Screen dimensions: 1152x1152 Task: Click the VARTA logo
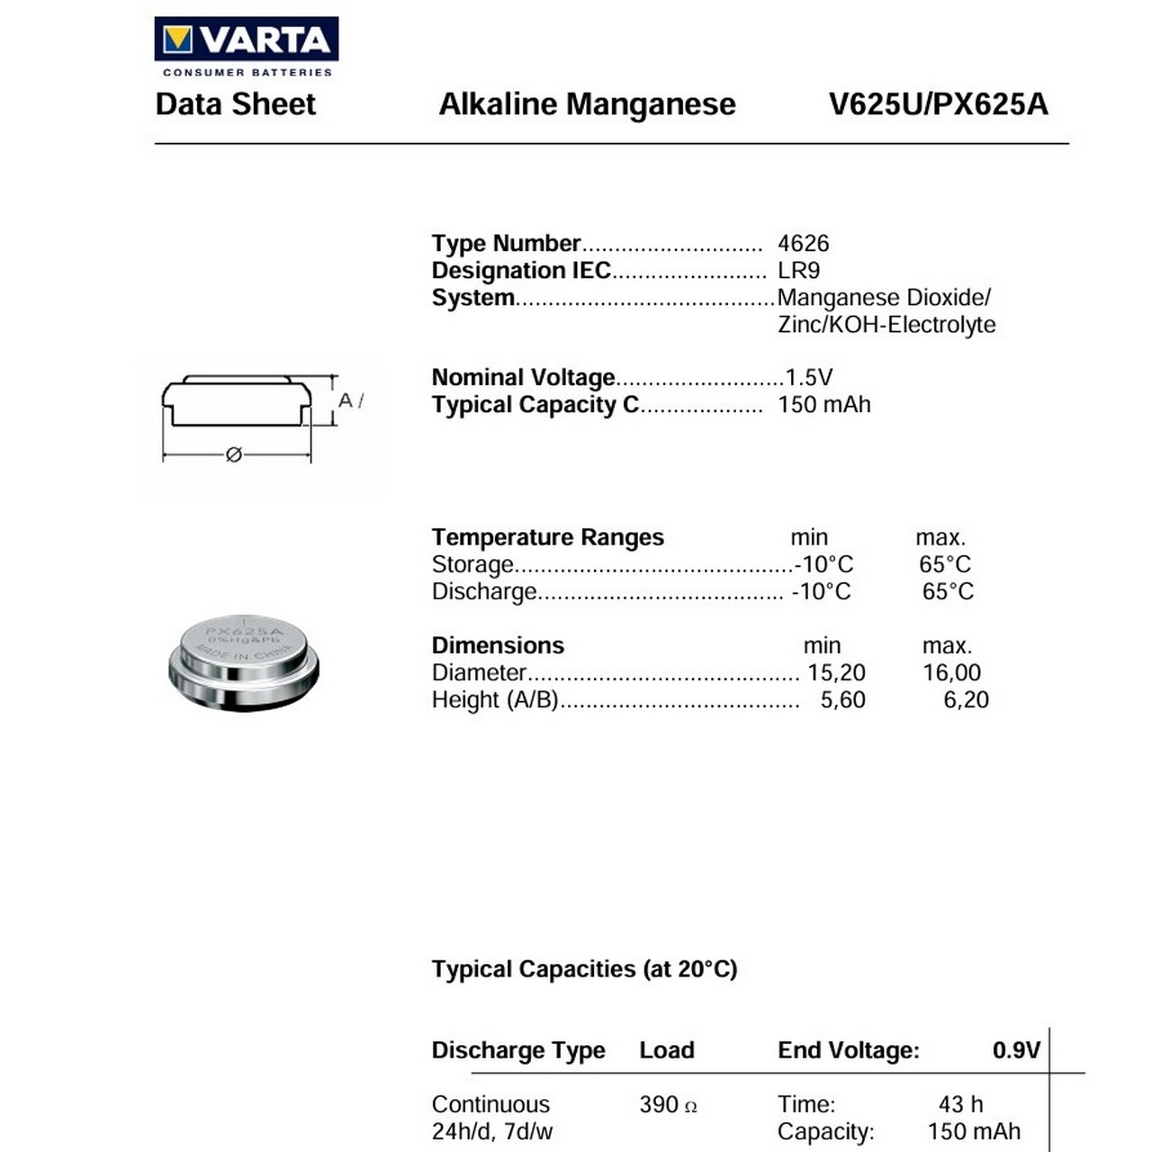pos(246,40)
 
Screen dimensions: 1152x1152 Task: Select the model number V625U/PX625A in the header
pos(938,104)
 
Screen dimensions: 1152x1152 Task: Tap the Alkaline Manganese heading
pos(587,104)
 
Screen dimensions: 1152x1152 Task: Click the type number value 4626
pos(803,243)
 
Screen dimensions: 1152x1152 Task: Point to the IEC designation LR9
pos(798,270)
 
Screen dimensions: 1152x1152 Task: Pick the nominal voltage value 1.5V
pos(808,377)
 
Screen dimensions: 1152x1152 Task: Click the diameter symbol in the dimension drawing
pos(234,454)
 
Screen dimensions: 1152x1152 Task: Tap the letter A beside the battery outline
pos(346,400)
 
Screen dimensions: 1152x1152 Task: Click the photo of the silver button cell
pos(243,661)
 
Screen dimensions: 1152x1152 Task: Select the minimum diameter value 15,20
pos(836,672)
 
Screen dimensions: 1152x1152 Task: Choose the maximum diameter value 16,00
pos(951,672)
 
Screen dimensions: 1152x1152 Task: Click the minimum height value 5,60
pos(842,699)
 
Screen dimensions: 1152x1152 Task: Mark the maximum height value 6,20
pos(966,699)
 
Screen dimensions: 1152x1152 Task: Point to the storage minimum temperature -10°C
pos(823,564)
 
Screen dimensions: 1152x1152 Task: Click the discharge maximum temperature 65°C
pos(948,591)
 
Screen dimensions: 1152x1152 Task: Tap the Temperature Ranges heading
pos(547,537)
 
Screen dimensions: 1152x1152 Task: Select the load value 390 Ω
pos(668,1104)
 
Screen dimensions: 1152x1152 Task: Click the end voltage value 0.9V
pos(1016,1050)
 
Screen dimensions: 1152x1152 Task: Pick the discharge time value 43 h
pos(960,1104)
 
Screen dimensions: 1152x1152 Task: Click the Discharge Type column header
pos(517,1050)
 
